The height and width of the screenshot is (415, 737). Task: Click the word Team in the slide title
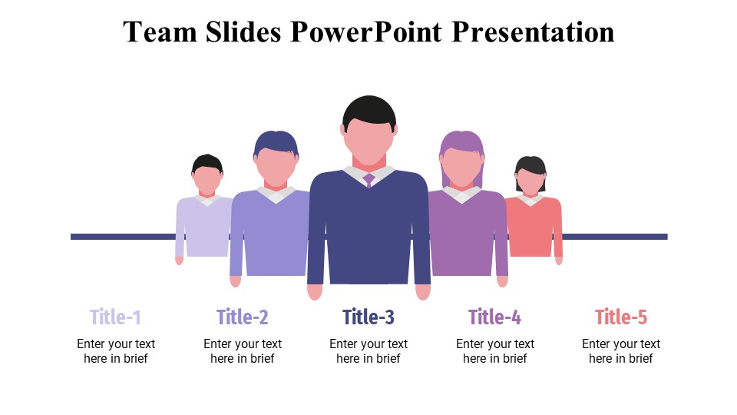click(159, 32)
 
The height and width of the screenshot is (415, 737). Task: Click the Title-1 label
click(116, 317)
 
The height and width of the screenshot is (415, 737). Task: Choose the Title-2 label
click(243, 317)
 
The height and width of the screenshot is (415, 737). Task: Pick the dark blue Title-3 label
click(368, 317)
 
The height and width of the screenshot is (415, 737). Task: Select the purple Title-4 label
click(495, 317)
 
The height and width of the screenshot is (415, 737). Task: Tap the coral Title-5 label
click(621, 317)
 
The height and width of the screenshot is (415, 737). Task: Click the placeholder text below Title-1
click(116, 351)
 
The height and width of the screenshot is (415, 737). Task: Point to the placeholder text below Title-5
click(621, 351)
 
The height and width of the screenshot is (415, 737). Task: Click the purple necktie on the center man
click(369, 180)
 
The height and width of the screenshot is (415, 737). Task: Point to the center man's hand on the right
click(423, 292)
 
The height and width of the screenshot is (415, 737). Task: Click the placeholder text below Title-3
click(368, 351)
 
